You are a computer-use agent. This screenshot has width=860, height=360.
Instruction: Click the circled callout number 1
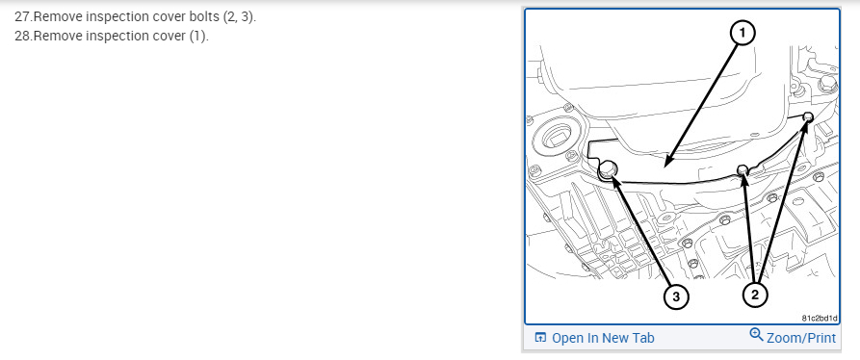[743, 34]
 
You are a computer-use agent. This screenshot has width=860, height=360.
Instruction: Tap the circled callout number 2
[755, 296]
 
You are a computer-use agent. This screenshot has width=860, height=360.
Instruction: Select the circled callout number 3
[676, 297]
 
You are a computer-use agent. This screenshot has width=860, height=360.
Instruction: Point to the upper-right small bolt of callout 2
[807, 116]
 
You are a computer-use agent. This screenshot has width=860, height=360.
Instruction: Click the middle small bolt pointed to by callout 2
[743, 168]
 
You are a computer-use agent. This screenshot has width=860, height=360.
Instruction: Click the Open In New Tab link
[603, 338]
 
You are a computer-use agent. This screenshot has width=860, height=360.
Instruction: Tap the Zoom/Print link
[801, 338]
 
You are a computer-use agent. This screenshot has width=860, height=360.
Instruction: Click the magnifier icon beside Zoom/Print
[756, 335]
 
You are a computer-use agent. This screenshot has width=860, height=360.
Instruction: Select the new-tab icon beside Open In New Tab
[540, 338]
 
